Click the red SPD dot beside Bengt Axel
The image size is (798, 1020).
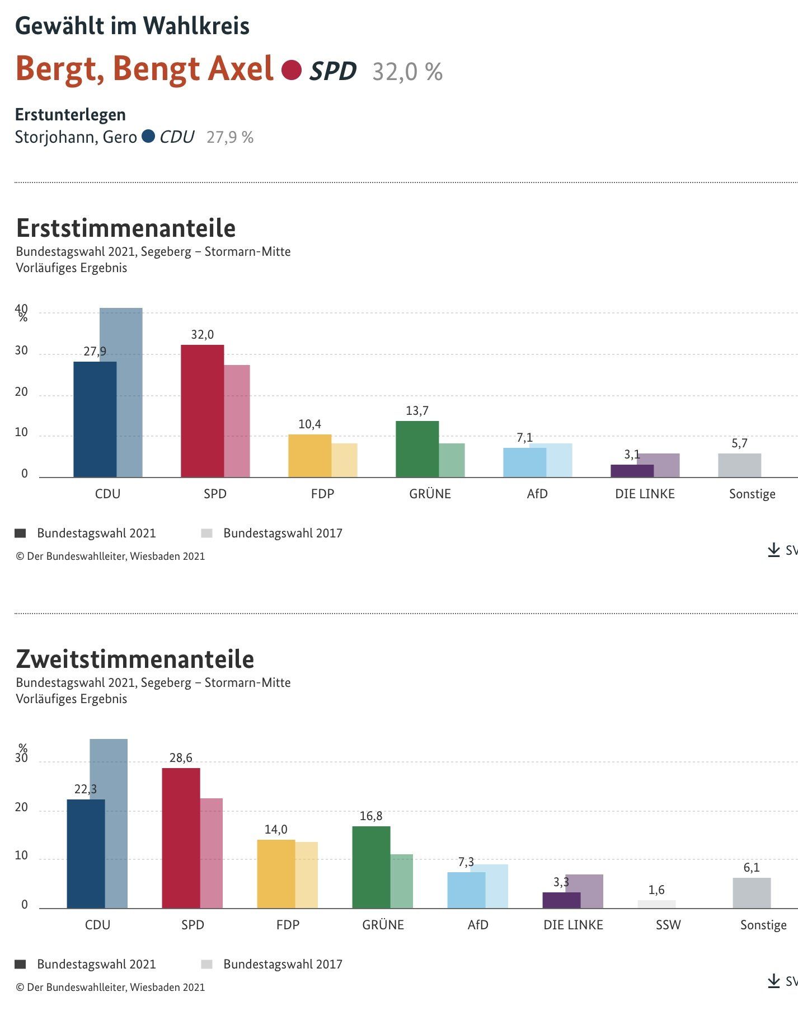(x=291, y=70)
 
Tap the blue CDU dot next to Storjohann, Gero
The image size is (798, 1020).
(x=148, y=136)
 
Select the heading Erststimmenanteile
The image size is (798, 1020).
(x=125, y=228)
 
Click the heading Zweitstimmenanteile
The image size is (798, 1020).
(x=135, y=659)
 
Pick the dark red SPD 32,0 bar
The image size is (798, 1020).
(x=202, y=411)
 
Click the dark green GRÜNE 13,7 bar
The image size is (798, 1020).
(x=417, y=449)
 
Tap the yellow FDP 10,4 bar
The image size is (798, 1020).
(x=309, y=456)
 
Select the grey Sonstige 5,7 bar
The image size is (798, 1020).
(x=739, y=465)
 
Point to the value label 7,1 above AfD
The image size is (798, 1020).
(x=524, y=438)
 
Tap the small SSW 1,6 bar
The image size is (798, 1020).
(x=656, y=904)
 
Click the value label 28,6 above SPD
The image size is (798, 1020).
(x=181, y=758)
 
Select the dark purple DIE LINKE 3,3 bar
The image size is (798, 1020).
(x=561, y=900)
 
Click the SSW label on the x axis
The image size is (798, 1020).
(x=668, y=925)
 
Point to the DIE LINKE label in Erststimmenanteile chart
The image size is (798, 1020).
(x=645, y=494)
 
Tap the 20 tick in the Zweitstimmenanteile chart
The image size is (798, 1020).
(x=21, y=807)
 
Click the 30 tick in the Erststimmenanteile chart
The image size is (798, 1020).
(x=21, y=351)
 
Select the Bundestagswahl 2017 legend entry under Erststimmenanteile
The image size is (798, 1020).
(x=272, y=533)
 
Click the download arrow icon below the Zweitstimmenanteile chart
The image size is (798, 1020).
(x=773, y=981)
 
